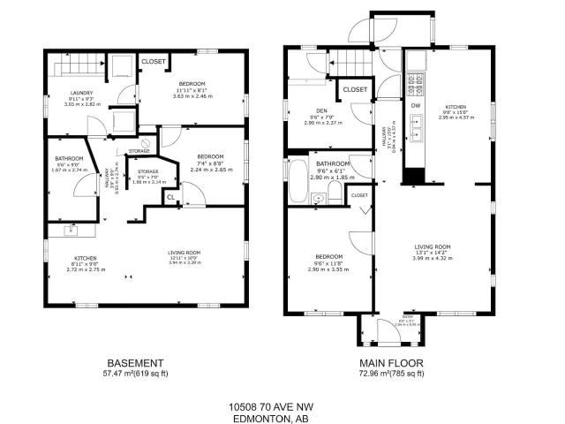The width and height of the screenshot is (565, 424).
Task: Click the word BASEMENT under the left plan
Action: pos(134,363)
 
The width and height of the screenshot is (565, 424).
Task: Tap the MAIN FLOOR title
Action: pos(391,363)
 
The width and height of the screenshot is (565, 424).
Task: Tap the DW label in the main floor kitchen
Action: pos(415,105)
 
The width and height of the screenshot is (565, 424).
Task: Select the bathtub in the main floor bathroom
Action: pos(298,183)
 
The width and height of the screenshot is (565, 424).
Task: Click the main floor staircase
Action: pos(351,64)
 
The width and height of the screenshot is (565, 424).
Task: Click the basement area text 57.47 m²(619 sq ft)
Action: pos(134,375)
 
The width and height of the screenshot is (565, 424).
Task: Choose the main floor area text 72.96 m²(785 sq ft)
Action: pos(391,375)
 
